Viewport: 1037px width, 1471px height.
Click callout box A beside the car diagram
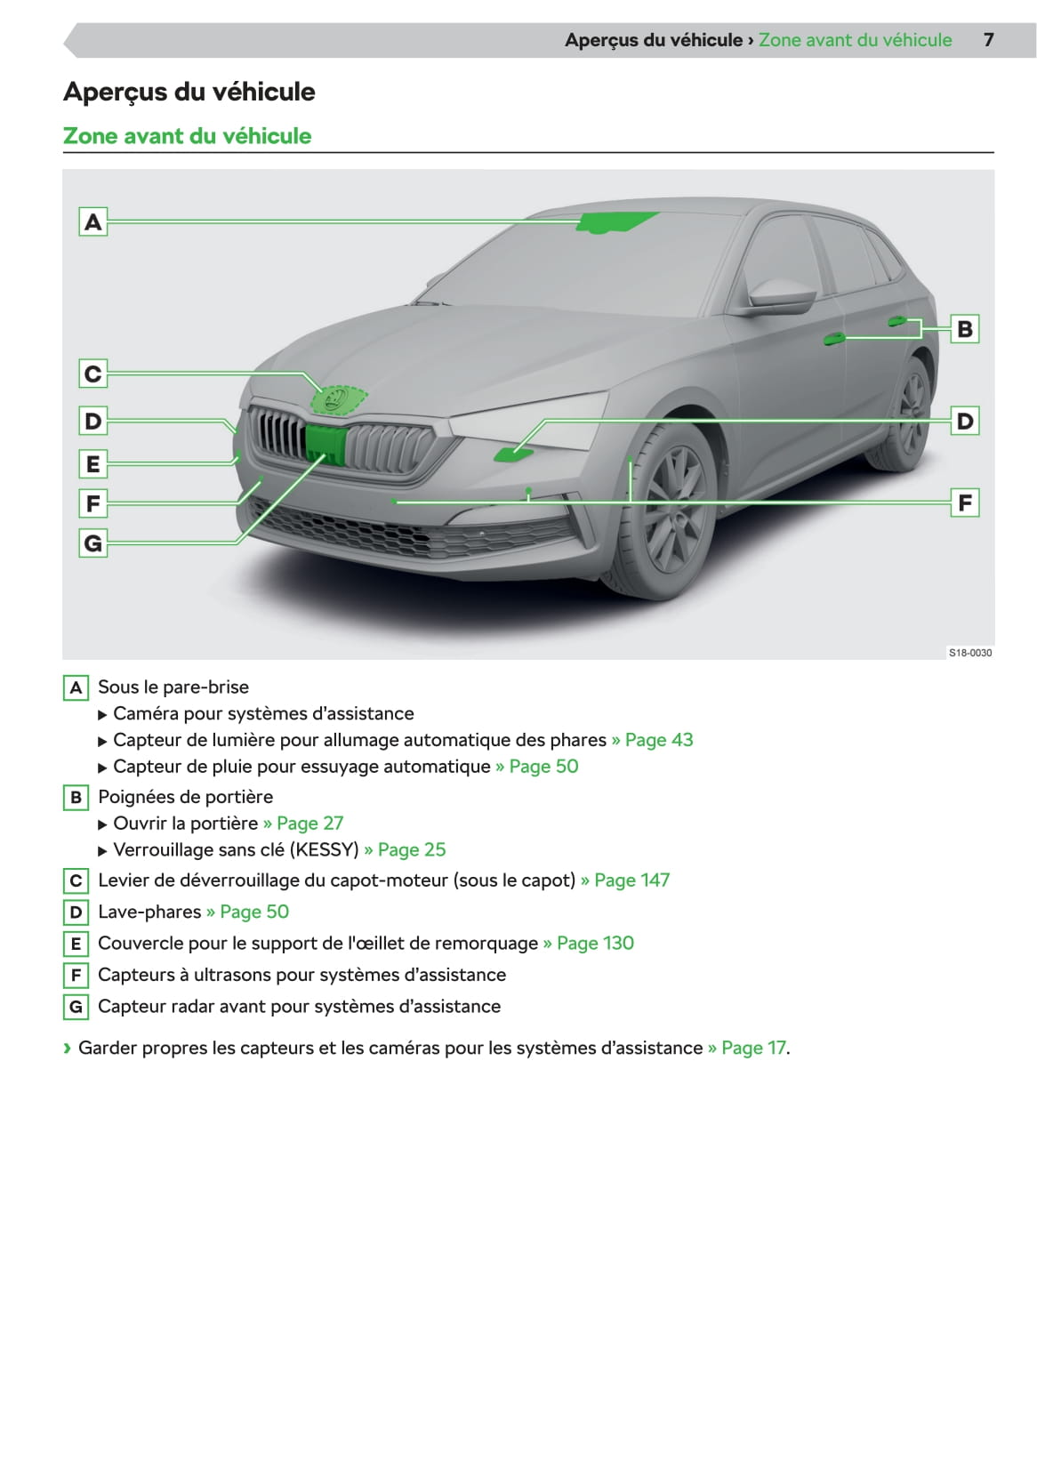(x=92, y=221)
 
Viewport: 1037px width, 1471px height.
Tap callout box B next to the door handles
(x=965, y=329)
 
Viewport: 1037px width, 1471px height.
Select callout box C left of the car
(x=92, y=374)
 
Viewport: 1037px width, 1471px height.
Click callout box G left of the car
(x=92, y=542)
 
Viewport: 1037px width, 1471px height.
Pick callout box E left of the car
(x=92, y=463)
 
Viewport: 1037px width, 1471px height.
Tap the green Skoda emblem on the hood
(x=337, y=399)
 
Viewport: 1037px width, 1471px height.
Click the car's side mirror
(x=780, y=294)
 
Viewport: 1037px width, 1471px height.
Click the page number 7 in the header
(x=988, y=40)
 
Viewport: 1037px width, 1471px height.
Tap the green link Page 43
(x=658, y=740)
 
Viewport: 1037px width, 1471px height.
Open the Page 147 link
(x=631, y=880)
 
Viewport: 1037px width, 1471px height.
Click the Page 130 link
(x=595, y=944)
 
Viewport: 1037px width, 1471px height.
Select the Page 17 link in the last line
(x=753, y=1049)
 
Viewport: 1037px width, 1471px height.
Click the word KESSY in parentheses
(x=325, y=850)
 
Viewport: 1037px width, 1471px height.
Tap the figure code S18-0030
(x=970, y=653)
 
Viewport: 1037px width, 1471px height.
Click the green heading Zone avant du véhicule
(x=187, y=136)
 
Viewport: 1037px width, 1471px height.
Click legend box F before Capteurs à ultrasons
(x=76, y=976)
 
